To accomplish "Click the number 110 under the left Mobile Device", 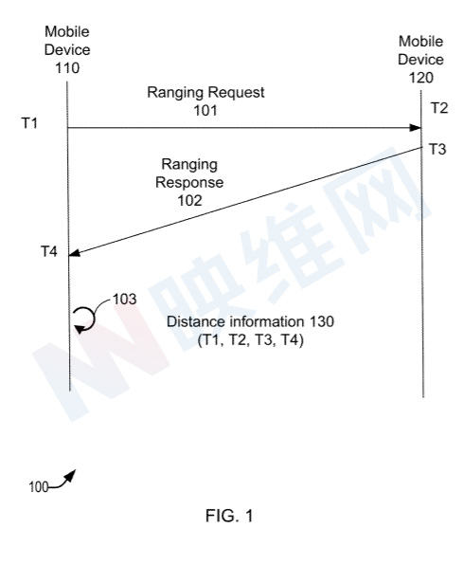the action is [x=67, y=67].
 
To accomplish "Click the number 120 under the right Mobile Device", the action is [x=421, y=78].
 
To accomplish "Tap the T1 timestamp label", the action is [x=29, y=123].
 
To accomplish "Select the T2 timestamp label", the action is [x=439, y=108].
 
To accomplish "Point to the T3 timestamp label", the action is [x=437, y=149].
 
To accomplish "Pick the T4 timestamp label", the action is [x=49, y=251].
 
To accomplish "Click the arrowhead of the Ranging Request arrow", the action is [x=415, y=128].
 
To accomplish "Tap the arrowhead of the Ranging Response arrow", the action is [x=74, y=253].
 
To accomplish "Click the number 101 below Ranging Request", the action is [x=205, y=110].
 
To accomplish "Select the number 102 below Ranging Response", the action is [x=189, y=200].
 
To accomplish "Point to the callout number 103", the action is [x=125, y=299].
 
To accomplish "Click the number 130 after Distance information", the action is [x=322, y=321].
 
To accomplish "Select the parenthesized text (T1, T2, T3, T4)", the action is [x=251, y=339].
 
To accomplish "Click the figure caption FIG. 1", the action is [x=229, y=516].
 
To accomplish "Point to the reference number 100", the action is [x=38, y=487].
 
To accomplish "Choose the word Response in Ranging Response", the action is [x=189, y=182].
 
